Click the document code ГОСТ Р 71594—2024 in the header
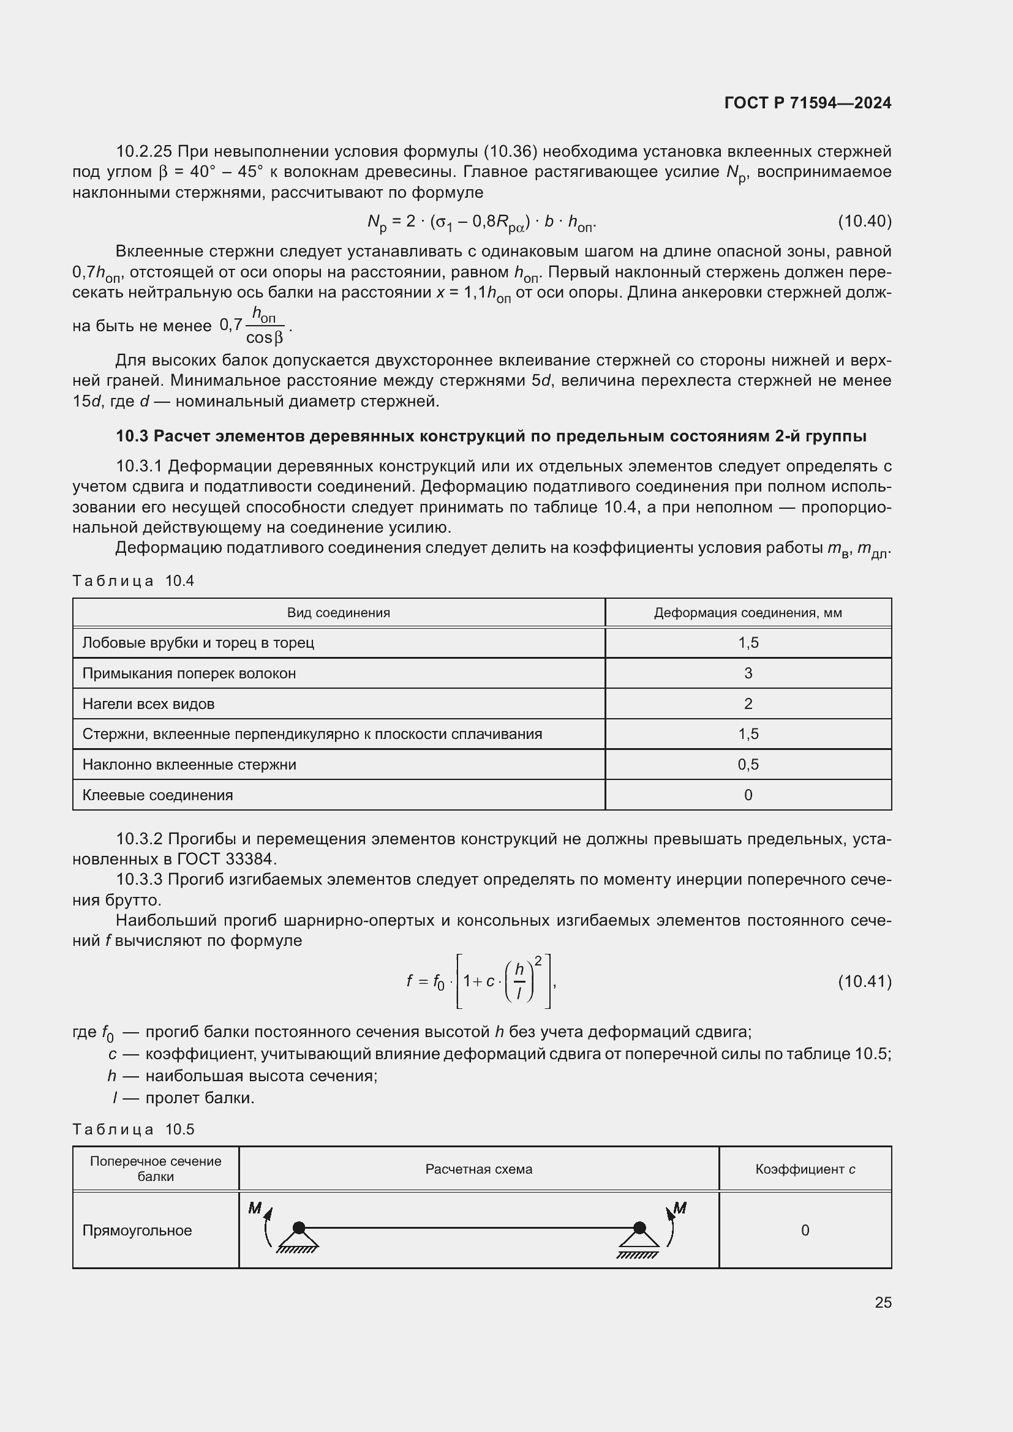807,103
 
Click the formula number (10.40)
864,221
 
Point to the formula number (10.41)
864,981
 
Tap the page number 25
883,1302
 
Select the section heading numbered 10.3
491,436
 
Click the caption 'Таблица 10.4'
133,580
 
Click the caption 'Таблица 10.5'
133,1129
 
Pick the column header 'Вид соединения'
338,612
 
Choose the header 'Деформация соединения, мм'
747,612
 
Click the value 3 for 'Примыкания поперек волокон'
748,673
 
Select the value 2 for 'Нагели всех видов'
748,703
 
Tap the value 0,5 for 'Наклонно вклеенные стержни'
748,764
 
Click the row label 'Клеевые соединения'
157,795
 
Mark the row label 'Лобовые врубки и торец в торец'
198,642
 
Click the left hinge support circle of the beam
299,1228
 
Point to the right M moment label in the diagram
680,1208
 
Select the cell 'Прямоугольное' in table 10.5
137,1231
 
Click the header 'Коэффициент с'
805,1169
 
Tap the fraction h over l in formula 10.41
519,981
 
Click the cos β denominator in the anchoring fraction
265,338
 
